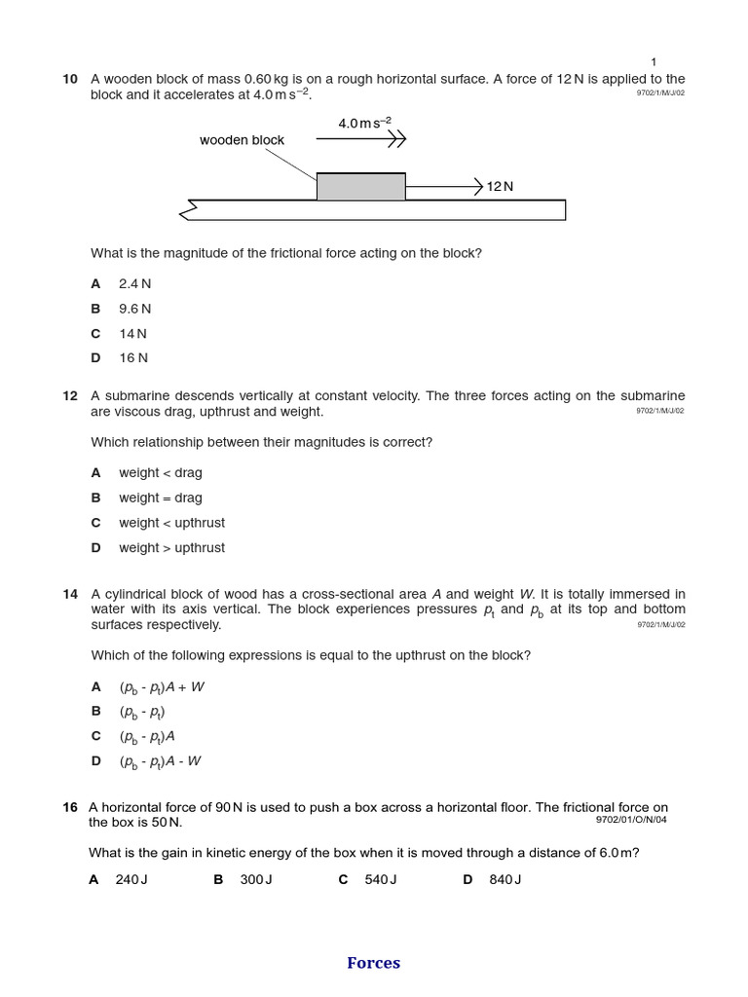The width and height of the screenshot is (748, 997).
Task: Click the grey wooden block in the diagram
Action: tap(360, 187)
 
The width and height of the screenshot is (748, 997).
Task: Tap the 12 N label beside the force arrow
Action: tap(500, 186)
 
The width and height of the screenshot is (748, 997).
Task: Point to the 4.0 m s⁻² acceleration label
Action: tap(364, 123)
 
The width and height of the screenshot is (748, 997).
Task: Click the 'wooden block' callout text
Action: tap(242, 140)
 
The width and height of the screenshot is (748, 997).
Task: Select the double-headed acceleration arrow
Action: tap(360, 140)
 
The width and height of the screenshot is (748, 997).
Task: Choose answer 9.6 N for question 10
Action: tap(134, 309)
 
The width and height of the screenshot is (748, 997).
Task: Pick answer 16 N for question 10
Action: tap(133, 357)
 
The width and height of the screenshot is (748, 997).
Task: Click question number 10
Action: tap(70, 79)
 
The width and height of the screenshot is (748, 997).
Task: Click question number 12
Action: tap(70, 395)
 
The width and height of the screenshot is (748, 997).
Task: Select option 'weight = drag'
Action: tap(160, 498)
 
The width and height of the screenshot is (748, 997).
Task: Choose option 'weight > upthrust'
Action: tap(171, 547)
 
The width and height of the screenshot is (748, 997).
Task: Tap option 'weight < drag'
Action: tap(160, 472)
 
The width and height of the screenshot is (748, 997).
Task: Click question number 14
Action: tap(70, 594)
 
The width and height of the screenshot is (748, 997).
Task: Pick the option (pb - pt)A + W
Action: tap(162, 687)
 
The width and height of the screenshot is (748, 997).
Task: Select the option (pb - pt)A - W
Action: tap(160, 761)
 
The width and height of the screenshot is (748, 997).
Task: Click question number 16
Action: tap(70, 807)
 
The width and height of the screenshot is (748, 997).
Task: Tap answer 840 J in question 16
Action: tap(505, 879)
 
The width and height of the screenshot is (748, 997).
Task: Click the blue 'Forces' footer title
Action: tap(373, 963)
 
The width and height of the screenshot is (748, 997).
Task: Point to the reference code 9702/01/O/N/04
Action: tap(631, 820)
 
